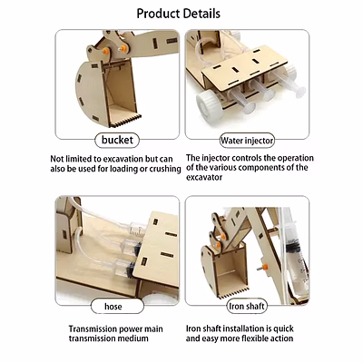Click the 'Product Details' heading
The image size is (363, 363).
pos(178,14)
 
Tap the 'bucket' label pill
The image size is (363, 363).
pos(117,140)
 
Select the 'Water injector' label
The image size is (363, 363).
pos(247,141)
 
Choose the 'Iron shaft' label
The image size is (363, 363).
pos(247,306)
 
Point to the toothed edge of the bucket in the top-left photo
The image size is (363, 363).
pos(125,121)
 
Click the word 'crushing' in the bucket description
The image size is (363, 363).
pos(165,169)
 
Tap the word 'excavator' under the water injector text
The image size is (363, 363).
pos(204,177)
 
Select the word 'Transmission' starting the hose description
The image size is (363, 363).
pos(93,329)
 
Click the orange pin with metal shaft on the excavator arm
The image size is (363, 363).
pos(264,268)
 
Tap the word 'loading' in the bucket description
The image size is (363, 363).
pos(123,169)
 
